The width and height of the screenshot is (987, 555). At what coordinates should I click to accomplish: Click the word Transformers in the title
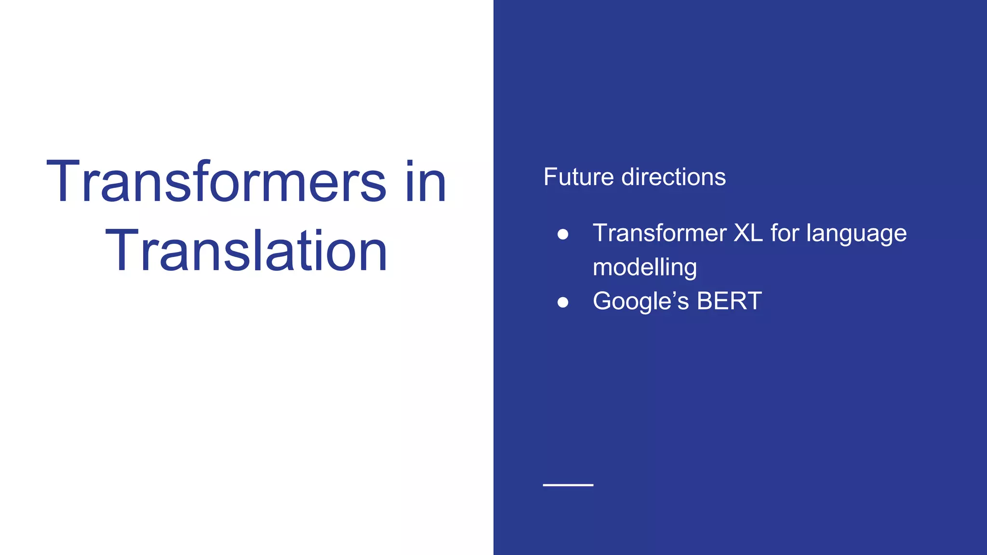pos(216,182)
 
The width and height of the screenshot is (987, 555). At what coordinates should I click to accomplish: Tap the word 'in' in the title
pos(426,182)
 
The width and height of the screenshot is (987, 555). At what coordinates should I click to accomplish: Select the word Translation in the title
pos(246,251)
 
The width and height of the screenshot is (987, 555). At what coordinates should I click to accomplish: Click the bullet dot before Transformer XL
pos(562,234)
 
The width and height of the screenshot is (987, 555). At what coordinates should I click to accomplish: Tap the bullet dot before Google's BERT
pos(562,302)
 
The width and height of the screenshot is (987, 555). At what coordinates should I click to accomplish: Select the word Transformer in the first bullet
pos(659,233)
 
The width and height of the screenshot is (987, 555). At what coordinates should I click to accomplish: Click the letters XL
pos(748,233)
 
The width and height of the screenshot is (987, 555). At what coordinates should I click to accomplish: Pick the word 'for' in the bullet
pos(785,233)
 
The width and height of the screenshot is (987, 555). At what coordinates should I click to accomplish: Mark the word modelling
pos(645,268)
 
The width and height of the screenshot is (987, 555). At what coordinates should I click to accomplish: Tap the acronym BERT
pos(729,301)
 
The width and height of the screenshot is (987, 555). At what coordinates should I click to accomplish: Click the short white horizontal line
pos(568,485)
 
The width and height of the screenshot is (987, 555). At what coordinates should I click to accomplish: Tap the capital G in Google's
pos(603,301)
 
